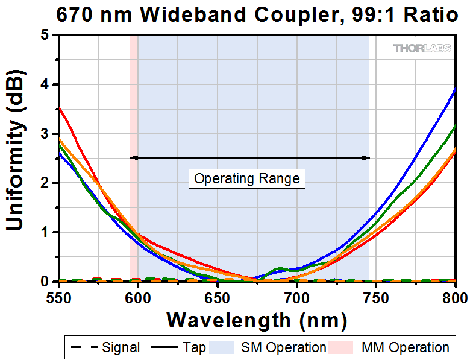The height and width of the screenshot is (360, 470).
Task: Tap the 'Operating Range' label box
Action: point(247,179)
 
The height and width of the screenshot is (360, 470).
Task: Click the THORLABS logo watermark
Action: point(422,48)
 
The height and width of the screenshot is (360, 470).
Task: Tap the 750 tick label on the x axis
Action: point(375,297)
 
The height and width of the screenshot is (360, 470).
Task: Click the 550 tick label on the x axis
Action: point(59,297)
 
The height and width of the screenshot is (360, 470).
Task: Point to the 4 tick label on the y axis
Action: point(45,84)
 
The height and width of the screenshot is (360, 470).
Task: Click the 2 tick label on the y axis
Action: point(45,183)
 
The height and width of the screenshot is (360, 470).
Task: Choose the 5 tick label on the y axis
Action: point(45,35)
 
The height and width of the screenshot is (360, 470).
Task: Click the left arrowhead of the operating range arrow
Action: point(133,158)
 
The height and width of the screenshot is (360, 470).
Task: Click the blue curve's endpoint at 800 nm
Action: point(454,88)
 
